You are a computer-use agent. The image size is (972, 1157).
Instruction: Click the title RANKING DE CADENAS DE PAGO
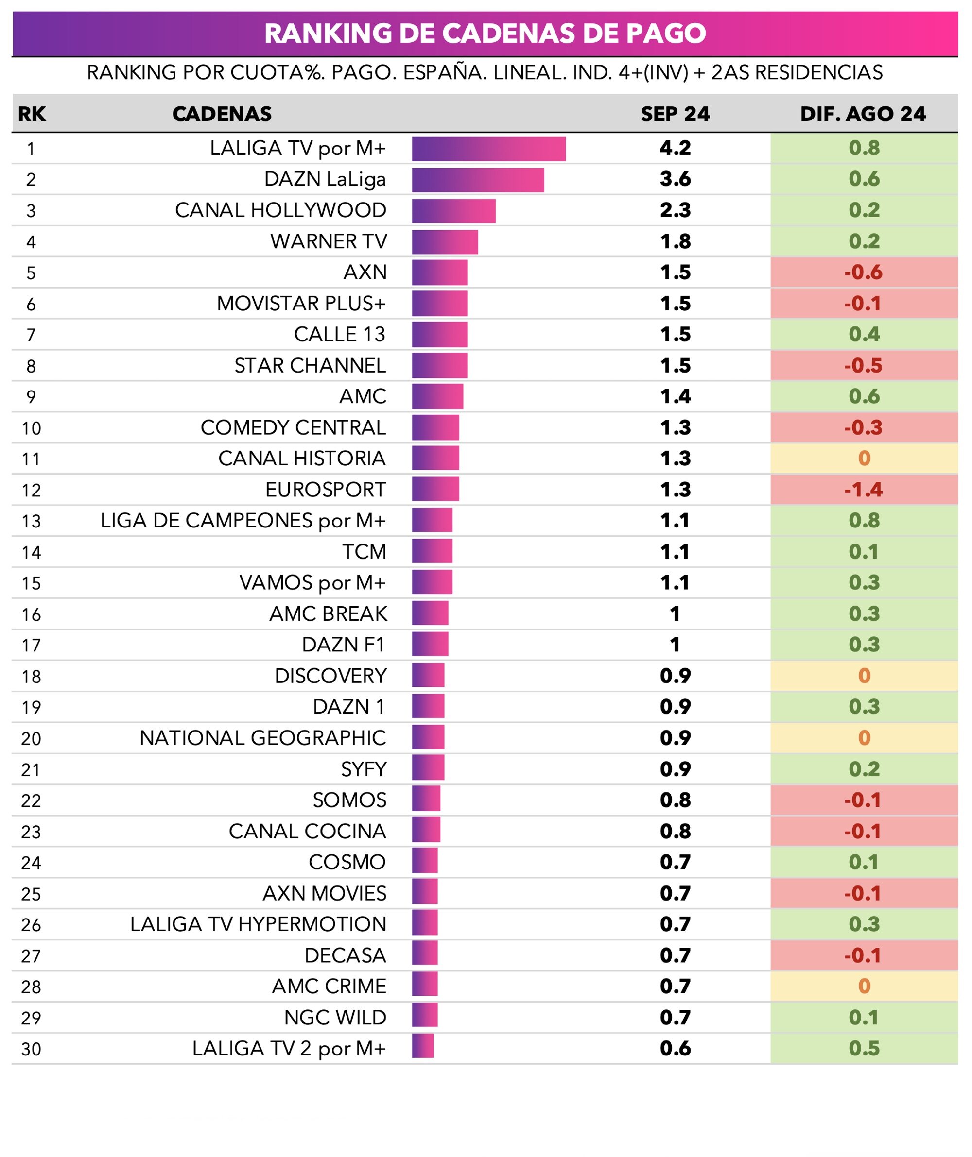point(485,33)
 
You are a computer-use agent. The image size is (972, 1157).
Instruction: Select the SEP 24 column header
point(675,114)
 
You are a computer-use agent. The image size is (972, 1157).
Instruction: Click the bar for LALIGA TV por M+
point(488,149)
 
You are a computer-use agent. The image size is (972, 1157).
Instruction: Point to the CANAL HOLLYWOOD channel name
point(280,210)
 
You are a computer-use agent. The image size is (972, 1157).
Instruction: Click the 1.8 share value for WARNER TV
point(676,241)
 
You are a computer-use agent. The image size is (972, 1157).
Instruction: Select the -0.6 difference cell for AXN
point(864,272)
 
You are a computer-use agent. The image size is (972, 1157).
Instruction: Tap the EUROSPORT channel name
point(325,489)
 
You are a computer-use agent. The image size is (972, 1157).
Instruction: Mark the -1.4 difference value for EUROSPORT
point(864,489)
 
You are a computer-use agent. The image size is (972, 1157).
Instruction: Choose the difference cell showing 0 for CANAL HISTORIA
point(864,458)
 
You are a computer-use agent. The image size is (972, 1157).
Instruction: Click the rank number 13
point(32,521)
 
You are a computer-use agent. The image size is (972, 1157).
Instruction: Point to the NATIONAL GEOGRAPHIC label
point(262,738)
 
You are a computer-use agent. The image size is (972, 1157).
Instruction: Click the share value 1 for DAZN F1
point(675,645)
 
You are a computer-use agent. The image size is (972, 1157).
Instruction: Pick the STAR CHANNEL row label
point(310,365)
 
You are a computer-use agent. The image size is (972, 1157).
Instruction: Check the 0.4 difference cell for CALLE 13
point(864,335)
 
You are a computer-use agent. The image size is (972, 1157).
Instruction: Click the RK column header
point(32,114)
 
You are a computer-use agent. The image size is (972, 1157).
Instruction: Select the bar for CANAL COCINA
point(426,831)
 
